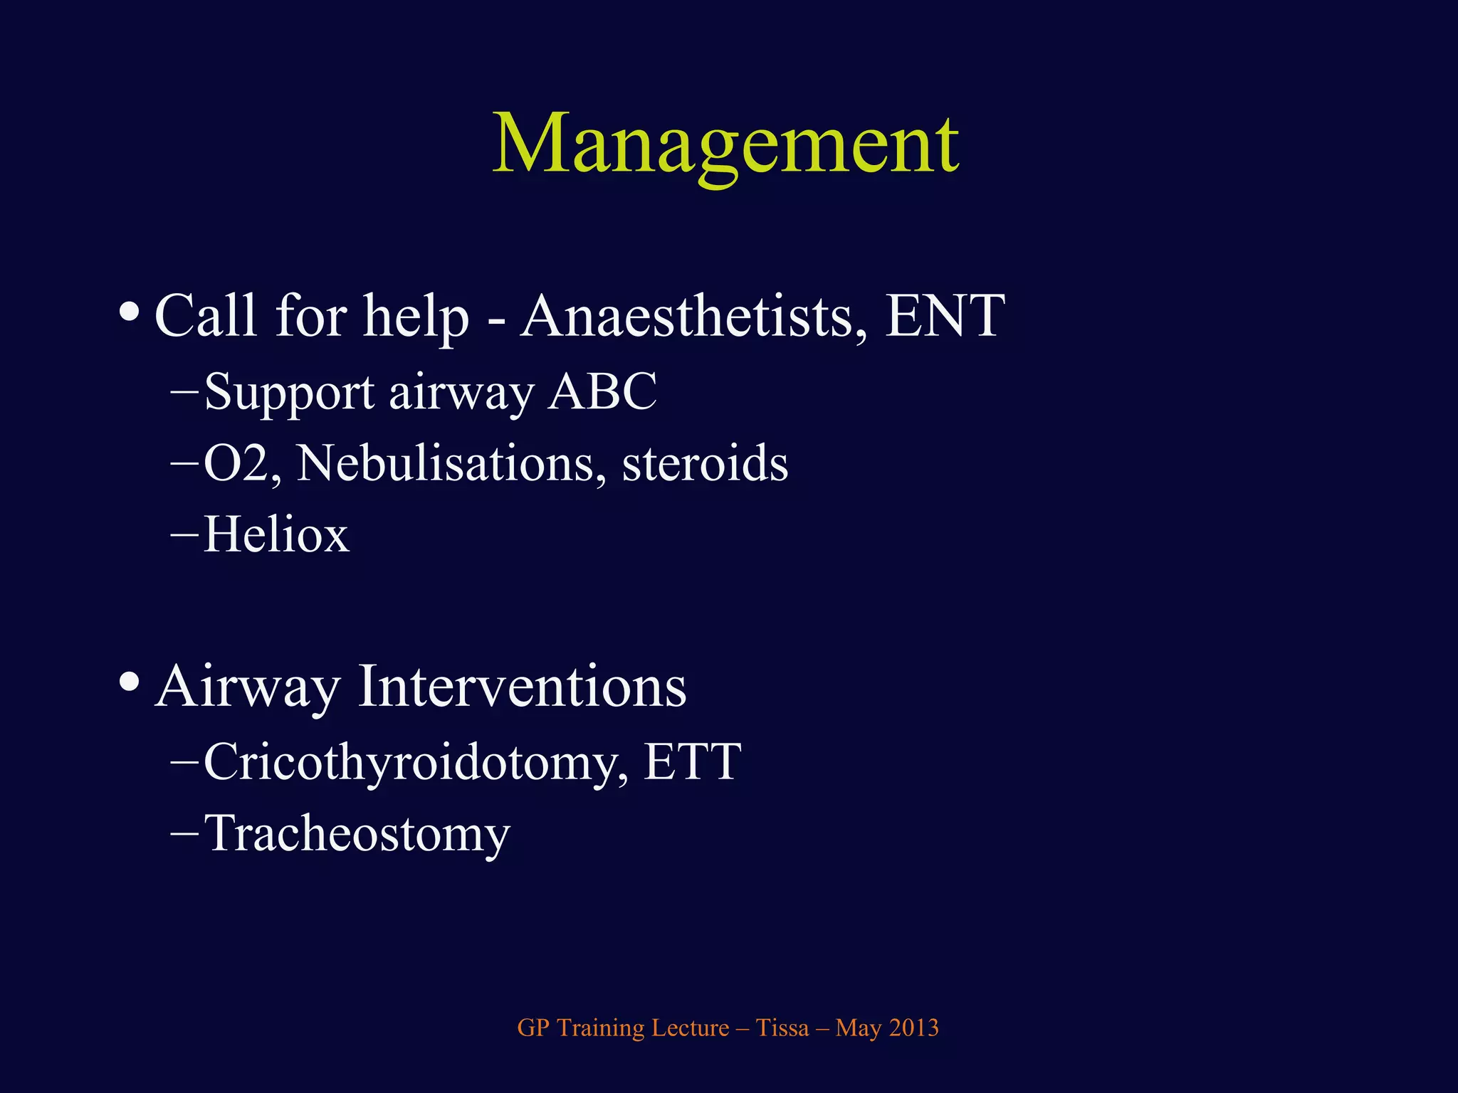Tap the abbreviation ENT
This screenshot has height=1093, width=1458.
945,316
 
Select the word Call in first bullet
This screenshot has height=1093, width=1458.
205,316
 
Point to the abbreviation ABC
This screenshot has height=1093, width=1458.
602,392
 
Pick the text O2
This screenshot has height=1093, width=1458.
241,464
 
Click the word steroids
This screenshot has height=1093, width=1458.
705,464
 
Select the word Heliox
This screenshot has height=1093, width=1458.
276,535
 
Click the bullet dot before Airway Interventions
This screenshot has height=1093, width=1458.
129,682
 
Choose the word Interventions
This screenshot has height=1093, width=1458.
522,687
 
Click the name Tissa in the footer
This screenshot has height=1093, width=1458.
782,1028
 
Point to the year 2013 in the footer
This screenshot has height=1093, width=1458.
913,1028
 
